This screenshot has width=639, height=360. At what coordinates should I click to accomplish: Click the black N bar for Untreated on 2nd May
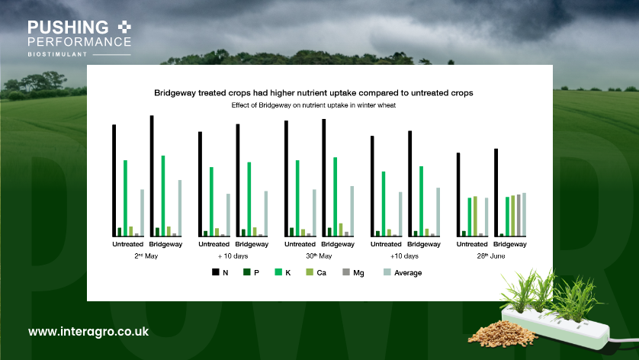pos(114,180)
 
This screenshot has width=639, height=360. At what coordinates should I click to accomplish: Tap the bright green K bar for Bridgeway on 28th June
pos(506,217)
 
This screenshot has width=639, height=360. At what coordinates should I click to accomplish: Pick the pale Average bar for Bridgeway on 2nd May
pos(180,207)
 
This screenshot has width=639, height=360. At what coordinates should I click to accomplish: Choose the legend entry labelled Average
pos(409,272)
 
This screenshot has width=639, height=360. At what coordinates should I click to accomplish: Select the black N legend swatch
pos(216,272)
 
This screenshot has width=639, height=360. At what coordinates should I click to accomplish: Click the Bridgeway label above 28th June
pos(510,244)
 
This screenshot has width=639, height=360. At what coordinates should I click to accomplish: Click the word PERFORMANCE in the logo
pos(79,41)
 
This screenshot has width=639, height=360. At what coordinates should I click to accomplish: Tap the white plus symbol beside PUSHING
pos(125,26)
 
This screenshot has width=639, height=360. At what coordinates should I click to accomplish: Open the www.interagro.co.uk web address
pos(88,332)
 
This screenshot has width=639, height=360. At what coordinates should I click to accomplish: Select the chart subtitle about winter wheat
pos(313,105)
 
